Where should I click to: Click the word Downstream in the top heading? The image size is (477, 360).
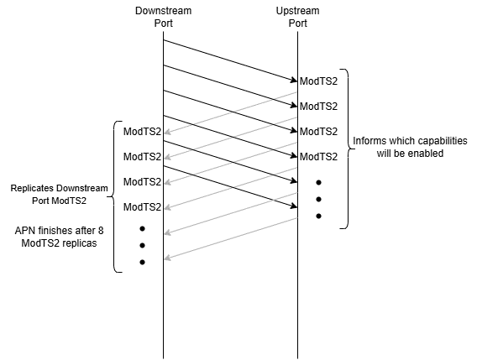click(164, 11)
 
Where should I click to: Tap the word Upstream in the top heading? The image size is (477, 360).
click(297, 11)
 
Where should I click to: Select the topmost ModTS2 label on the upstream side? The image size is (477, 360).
click(318, 81)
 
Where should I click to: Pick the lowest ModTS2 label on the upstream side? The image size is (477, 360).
click(318, 157)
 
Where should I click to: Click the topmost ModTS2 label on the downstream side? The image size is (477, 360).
click(142, 132)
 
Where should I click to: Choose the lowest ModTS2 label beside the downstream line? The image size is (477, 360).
click(142, 206)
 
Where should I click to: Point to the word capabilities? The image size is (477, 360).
click(443, 141)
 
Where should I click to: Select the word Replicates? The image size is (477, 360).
click(33, 188)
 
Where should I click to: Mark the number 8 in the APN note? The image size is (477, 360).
click(101, 231)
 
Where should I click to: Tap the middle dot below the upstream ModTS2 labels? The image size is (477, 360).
click(318, 199)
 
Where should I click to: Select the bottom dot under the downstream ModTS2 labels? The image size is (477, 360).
click(142, 262)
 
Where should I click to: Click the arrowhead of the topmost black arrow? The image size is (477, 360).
click(295, 81)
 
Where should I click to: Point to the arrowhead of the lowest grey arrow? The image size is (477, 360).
click(167, 258)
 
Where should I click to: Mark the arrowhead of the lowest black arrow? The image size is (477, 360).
click(295, 206)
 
